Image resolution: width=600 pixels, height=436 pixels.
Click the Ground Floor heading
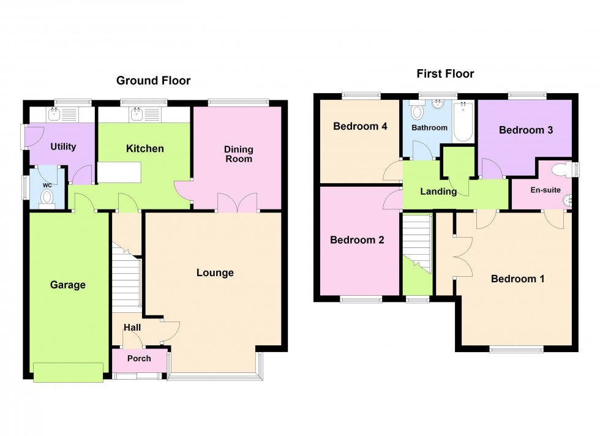[153, 81]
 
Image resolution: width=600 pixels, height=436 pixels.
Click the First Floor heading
[445, 74]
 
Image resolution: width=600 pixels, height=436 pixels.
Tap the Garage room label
[68, 285]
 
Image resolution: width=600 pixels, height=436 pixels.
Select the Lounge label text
[215, 272]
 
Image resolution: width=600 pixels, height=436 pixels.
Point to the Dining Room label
[238, 154]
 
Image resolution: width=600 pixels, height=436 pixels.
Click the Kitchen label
[145, 148]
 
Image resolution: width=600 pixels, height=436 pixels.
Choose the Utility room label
[63, 146]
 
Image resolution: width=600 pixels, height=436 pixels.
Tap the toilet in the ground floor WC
[47, 196]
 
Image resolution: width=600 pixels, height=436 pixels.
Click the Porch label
[139, 359]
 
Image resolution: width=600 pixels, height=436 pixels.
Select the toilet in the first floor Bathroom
[418, 112]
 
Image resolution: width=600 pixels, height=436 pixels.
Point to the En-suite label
[544, 190]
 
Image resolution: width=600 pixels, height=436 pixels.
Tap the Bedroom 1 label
[517, 279]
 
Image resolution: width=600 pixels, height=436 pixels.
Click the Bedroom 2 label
[357, 240]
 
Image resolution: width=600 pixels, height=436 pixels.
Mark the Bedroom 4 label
[360, 127]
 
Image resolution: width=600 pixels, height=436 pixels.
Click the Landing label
[438, 192]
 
